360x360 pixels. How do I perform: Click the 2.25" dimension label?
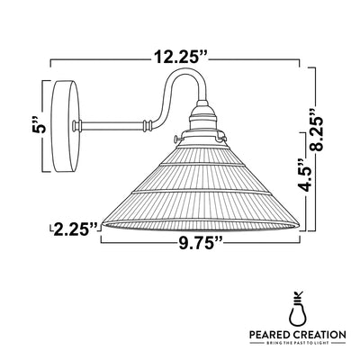click(x=75, y=229)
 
